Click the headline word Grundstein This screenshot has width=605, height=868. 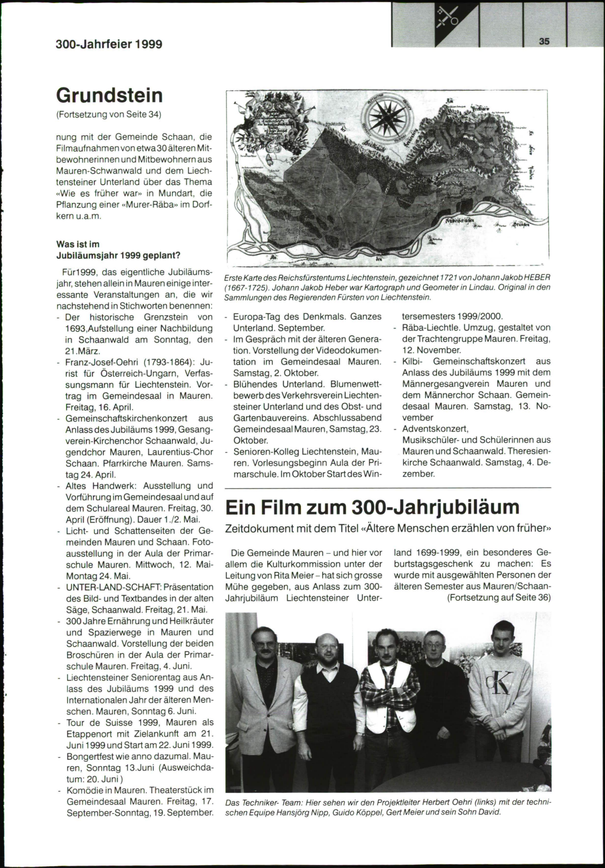click(x=109, y=95)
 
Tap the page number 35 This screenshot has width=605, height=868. click(x=544, y=42)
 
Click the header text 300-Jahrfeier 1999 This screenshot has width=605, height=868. click(x=109, y=44)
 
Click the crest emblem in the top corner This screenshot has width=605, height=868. click(x=448, y=18)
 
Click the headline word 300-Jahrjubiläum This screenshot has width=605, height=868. click(x=436, y=507)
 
